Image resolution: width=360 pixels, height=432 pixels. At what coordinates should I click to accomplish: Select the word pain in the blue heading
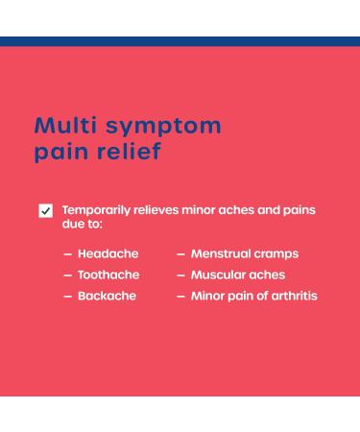61,152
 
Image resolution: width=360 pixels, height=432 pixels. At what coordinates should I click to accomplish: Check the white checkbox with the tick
45,210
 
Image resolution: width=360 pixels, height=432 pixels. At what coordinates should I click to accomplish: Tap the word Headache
108,253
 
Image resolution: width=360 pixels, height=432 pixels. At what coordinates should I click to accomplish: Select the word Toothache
108,275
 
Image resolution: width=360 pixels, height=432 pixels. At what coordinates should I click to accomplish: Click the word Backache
107,296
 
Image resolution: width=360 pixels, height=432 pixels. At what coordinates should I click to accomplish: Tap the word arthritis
290,296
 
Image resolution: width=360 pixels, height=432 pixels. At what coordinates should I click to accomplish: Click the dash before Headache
67,254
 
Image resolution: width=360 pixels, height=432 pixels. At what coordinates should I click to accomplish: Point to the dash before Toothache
67,276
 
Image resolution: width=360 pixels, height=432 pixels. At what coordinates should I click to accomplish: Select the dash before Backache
67,297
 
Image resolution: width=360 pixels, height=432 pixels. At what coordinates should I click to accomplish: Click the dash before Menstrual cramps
180,254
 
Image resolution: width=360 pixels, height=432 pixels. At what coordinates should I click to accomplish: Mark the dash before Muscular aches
180,276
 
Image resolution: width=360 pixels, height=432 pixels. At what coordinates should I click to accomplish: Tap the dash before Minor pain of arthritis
180,297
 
